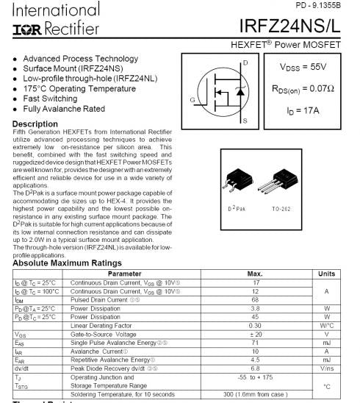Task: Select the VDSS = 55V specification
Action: click(303, 66)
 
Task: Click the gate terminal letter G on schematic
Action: click(192, 100)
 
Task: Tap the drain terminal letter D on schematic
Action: click(245, 63)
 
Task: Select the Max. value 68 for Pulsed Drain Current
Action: click(256, 299)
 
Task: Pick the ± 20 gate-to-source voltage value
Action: click(256, 333)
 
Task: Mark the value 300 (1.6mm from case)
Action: click(256, 394)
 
